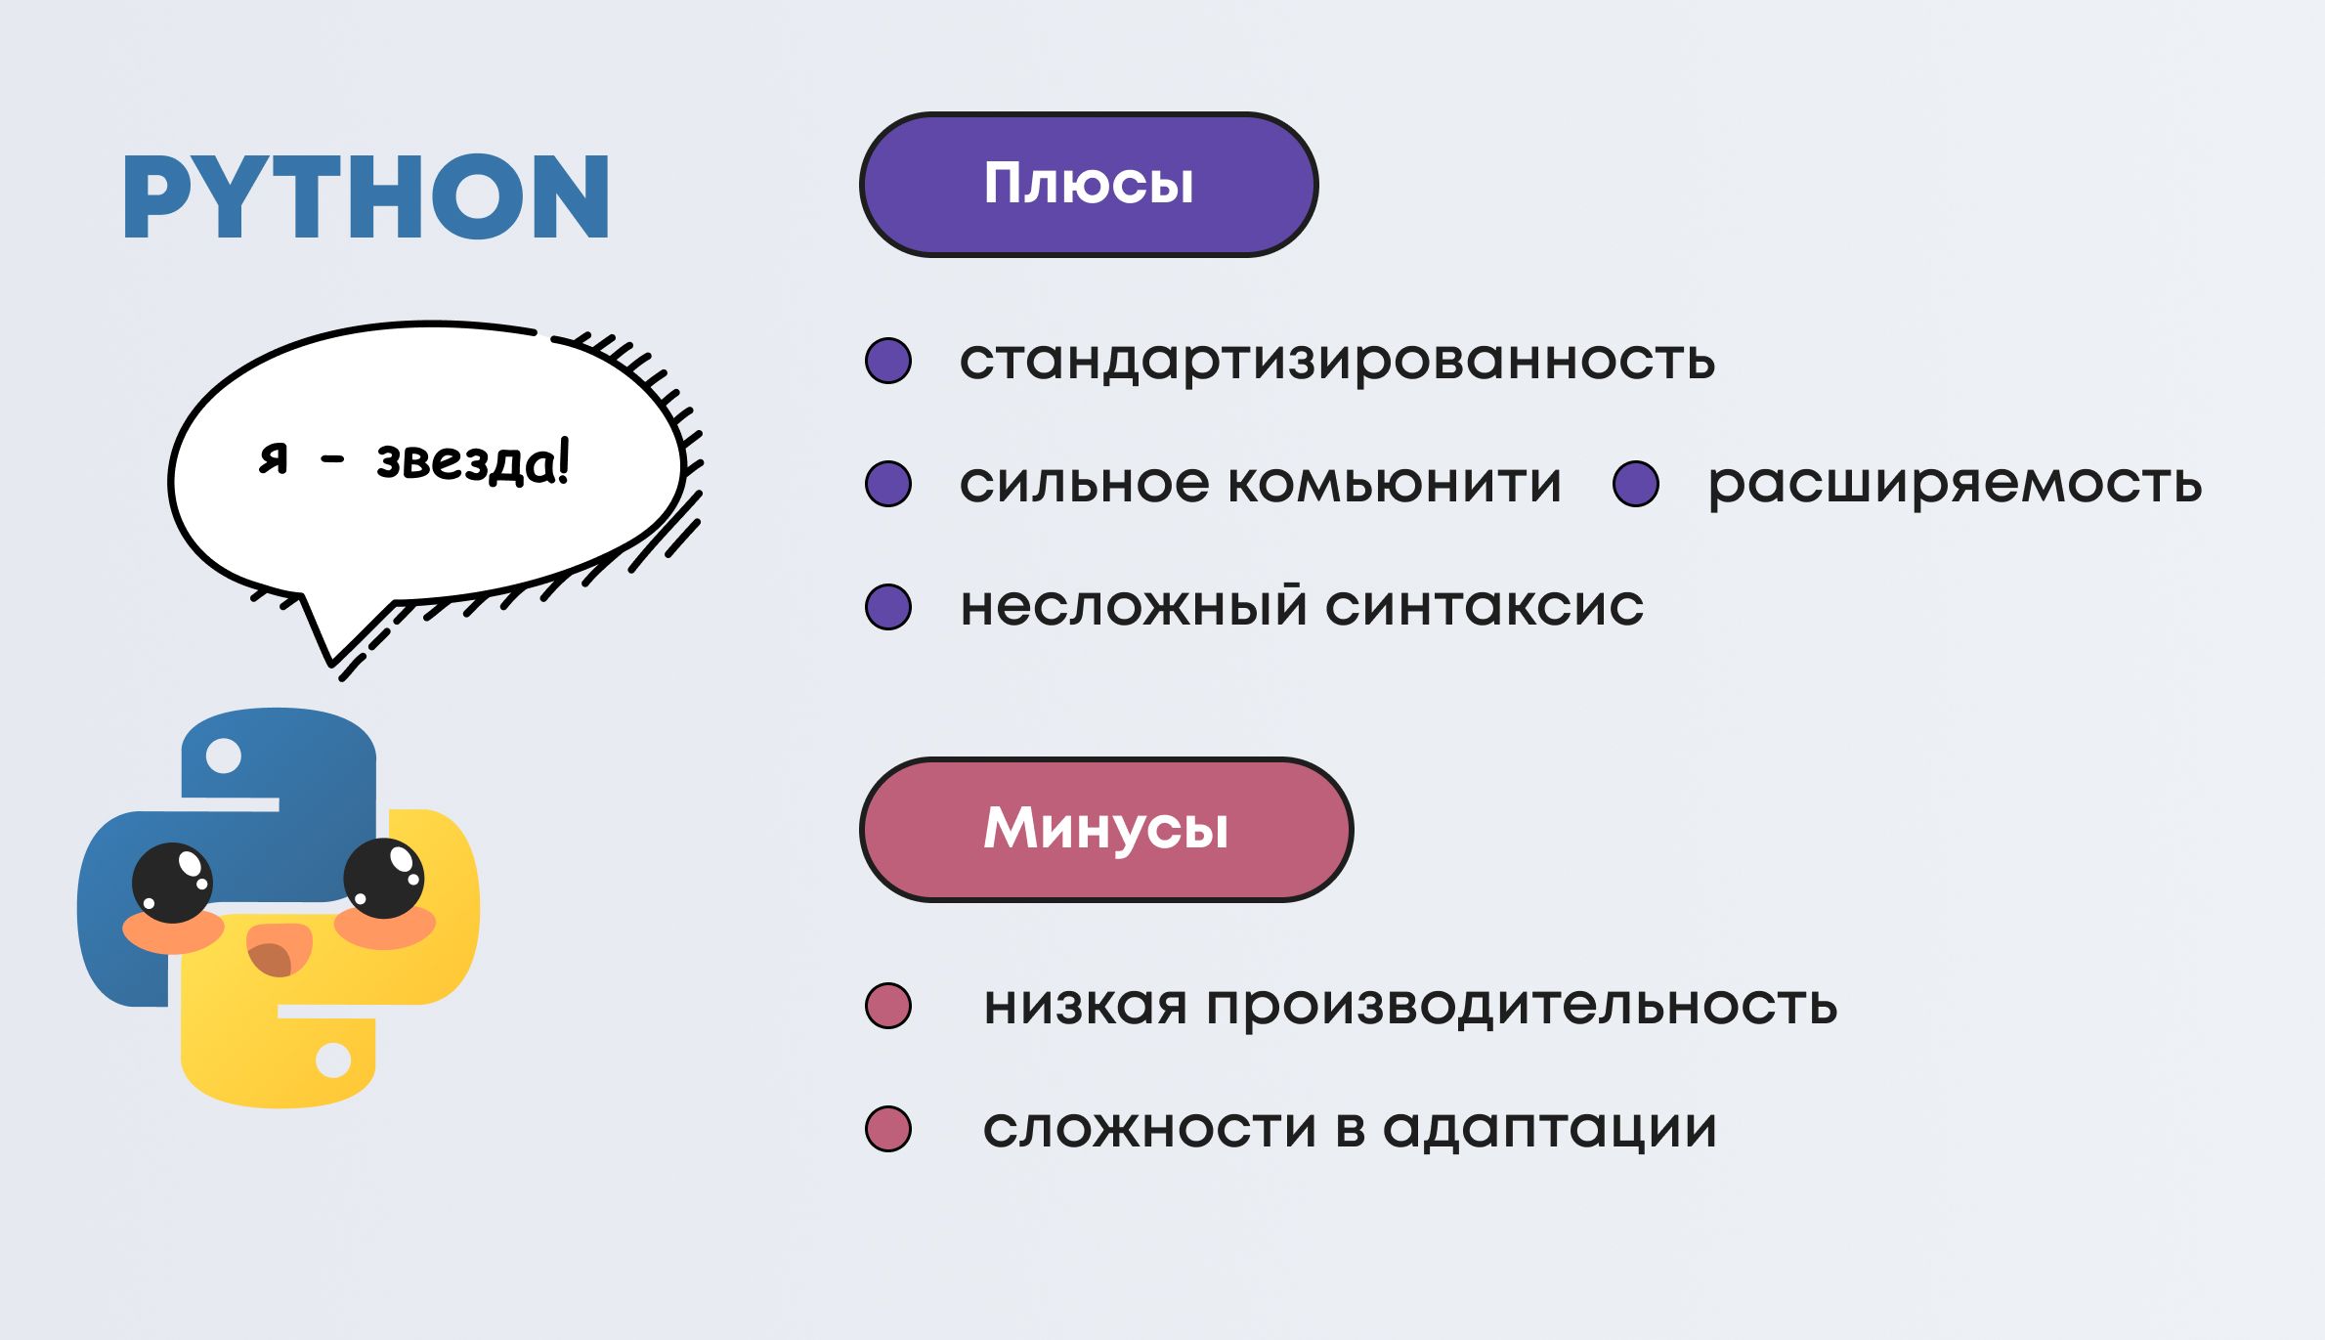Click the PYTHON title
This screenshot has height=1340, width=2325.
tap(366, 196)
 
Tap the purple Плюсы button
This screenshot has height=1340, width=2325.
tap(1089, 185)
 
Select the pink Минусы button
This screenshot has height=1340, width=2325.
tap(1106, 829)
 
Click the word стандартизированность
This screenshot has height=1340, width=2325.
tap(1337, 360)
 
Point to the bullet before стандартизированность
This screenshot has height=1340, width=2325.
tap(888, 361)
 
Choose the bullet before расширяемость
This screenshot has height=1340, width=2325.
tap(1636, 483)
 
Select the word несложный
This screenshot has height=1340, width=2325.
tap(1134, 605)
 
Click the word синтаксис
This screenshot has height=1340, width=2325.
tap(1485, 606)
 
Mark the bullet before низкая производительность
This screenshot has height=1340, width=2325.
tap(888, 1006)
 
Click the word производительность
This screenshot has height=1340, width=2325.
tap(1522, 1006)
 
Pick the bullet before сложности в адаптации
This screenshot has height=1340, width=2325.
tap(888, 1129)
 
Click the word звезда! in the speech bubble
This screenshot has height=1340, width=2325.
tap(473, 461)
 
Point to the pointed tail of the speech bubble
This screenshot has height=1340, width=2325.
tap(331, 661)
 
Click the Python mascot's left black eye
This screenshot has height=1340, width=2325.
tap(172, 883)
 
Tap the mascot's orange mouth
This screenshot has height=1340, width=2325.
tap(279, 949)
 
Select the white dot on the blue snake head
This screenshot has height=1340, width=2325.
tap(224, 756)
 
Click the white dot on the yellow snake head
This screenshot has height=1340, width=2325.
tap(333, 1060)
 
